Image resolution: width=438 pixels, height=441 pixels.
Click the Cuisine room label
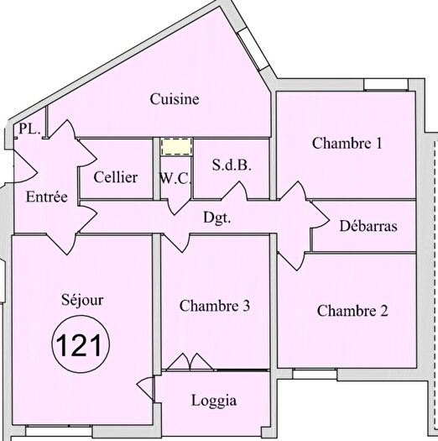pyautogui.click(x=175, y=99)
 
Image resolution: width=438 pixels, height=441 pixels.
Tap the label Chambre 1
pyautogui.click(x=347, y=144)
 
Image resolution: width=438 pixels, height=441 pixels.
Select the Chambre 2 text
pyautogui.click(x=352, y=311)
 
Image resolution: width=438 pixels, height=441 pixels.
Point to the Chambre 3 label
pyautogui.click(x=215, y=306)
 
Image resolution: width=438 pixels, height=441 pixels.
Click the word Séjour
pyautogui.click(x=82, y=299)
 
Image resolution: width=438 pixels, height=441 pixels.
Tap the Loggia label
pyautogui.click(x=215, y=401)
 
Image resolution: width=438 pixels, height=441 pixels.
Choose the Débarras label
pyautogui.click(x=368, y=226)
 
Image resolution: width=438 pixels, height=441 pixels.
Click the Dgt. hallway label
pyautogui.click(x=217, y=217)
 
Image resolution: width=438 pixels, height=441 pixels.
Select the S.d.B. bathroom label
pyautogui.click(x=232, y=165)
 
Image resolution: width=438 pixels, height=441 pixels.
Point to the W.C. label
pyautogui.click(x=175, y=178)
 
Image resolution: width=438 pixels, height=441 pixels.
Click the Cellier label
pyautogui.click(x=116, y=177)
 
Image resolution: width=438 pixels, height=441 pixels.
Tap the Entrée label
pyautogui.click(x=46, y=197)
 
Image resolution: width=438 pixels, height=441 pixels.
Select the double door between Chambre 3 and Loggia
pyautogui.click(x=190, y=362)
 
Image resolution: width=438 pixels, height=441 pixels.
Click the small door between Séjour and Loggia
pyautogui.click(x=146, y=390)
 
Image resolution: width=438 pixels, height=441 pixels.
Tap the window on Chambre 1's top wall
pyautogui.click(x=386, y=86)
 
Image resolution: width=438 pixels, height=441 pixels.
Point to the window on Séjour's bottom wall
pyautogui.click(x=59, y=431)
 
